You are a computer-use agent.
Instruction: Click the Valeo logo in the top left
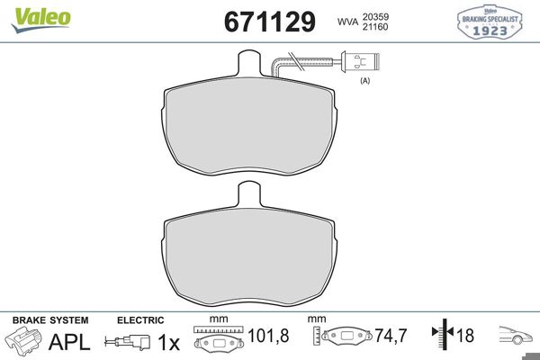[41, 20]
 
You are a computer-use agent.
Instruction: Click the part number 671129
[270, 22]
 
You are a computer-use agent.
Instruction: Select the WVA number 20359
[375, 16]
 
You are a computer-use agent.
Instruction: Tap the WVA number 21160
[375, 27]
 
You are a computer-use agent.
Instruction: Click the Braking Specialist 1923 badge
[490, 22]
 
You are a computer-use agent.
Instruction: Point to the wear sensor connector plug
[359, 62]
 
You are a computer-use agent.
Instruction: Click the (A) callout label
[365, 81]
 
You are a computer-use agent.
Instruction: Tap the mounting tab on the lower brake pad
[250, 194]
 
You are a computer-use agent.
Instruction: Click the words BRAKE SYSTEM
[50, 320]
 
